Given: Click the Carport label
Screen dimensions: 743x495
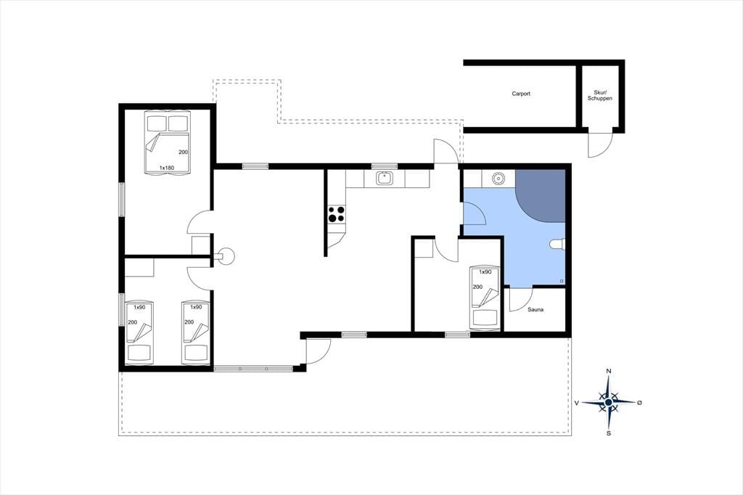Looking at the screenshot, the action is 521,94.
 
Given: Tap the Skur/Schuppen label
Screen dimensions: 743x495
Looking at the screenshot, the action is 600,95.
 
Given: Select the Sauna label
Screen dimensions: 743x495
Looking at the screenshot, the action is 535,310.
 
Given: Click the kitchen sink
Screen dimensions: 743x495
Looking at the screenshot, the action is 385,179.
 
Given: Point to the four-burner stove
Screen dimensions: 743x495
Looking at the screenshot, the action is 337,214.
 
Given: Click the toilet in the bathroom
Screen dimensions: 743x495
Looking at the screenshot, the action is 558,244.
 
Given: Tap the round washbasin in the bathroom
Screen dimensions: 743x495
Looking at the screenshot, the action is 498,179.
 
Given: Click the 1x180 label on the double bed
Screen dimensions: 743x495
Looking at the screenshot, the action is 166,168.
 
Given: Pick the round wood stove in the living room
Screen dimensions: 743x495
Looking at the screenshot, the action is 226,256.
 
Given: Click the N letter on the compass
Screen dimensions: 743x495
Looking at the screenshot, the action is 609,371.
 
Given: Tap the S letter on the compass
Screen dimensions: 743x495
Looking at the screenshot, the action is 609,433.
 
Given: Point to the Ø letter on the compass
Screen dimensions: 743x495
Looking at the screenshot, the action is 639,403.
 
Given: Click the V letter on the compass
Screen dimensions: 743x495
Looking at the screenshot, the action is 577,403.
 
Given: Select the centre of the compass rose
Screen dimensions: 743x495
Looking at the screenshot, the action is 609,402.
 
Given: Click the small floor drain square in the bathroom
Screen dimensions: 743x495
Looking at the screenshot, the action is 562,282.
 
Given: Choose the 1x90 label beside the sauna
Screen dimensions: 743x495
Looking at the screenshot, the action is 485,272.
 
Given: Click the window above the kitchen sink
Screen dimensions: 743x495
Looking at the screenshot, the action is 384,166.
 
